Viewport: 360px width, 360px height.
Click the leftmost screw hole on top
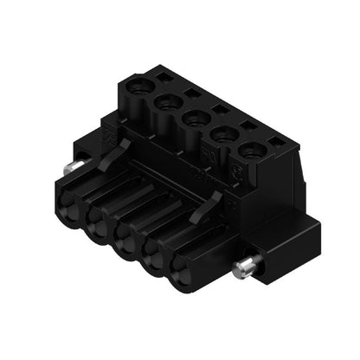click(138, 87)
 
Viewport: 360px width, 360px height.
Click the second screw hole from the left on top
click(165, 103)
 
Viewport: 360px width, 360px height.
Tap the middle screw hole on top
click(193, 118)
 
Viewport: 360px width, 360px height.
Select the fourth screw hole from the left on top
click(222, 133)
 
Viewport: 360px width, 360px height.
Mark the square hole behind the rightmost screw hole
click(276, 140)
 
